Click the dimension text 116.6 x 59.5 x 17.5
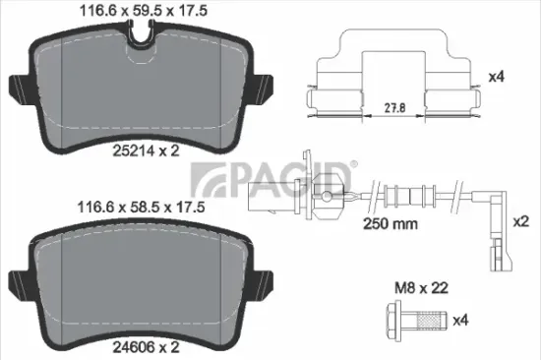[x=128, y=12]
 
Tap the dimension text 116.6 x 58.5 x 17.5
[x=128, y=209]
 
